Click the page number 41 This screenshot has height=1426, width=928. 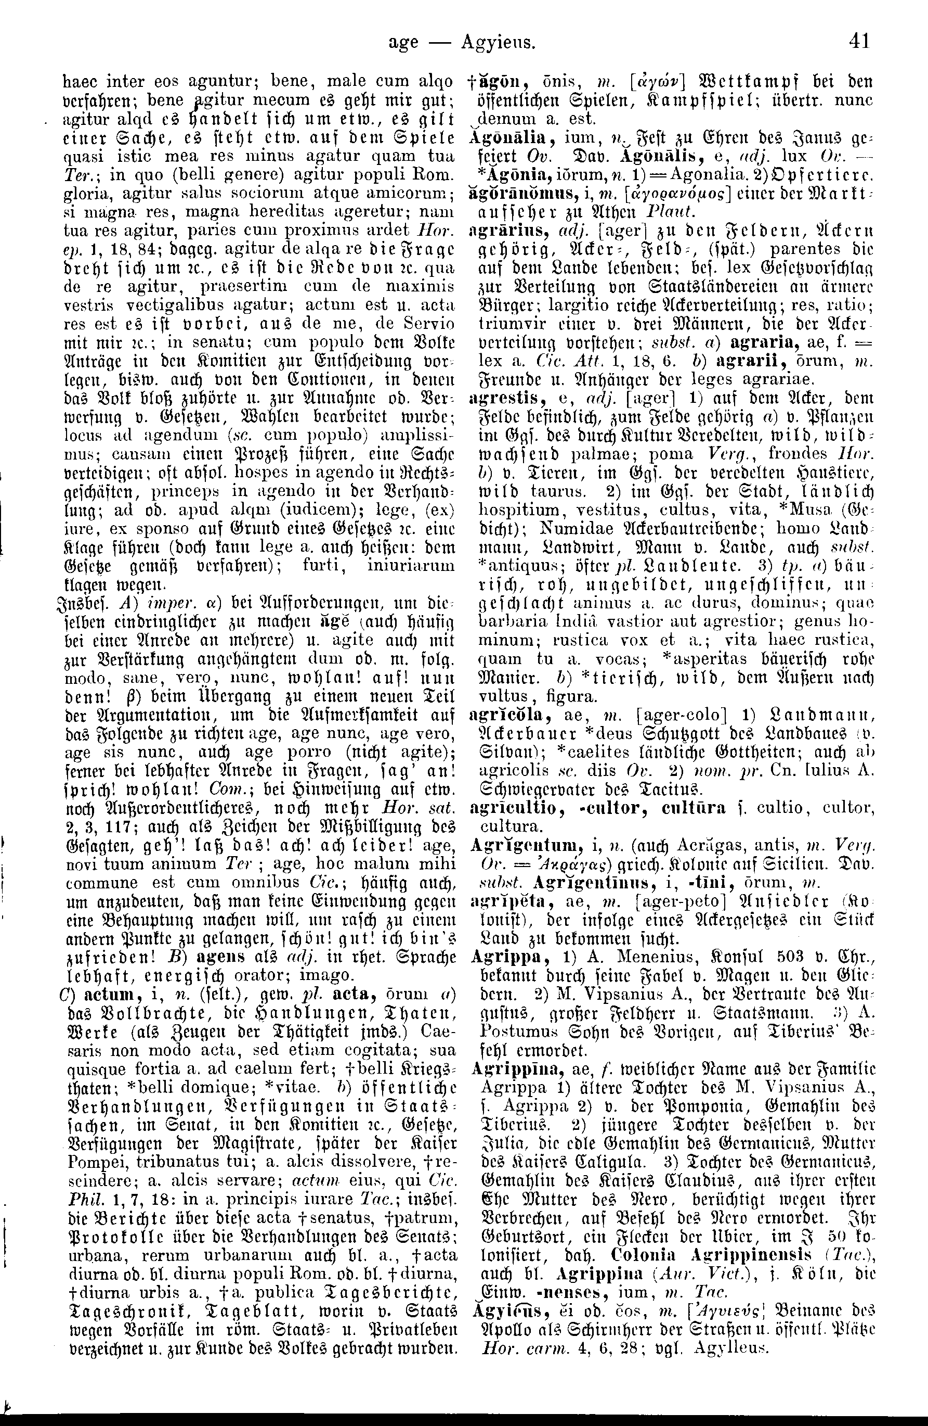(858, 41)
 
